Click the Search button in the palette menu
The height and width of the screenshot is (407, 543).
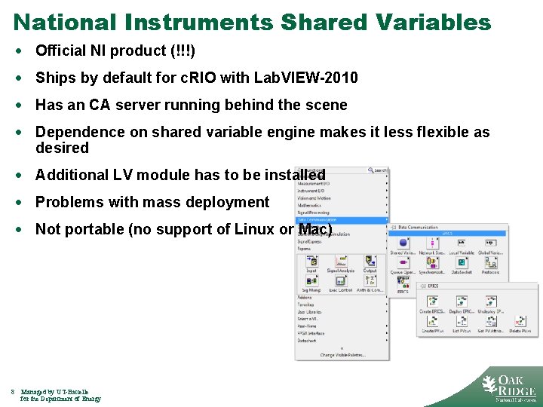(x=379, y=170)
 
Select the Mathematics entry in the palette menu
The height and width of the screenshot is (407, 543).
(x=309, y=205)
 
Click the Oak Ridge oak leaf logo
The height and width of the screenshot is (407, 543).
(x=491, y=384)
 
